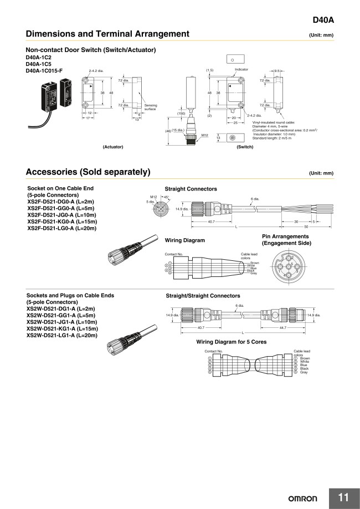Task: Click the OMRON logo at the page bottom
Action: pos(306,498)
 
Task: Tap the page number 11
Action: pos(343,497)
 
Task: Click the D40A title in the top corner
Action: pos(323,20)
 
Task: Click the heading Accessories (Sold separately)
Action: pos(88,172)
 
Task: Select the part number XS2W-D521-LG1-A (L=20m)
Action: pos(62,335)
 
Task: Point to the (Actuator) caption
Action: pos(112,147)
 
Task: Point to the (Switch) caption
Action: pos(244,147)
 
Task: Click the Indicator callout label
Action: pos(241,70)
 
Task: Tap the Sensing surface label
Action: pos(151,107)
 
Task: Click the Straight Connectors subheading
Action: pos(191,189)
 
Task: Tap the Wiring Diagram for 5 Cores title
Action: pos(231,342)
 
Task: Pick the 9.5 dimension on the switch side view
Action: pos(276,71)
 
